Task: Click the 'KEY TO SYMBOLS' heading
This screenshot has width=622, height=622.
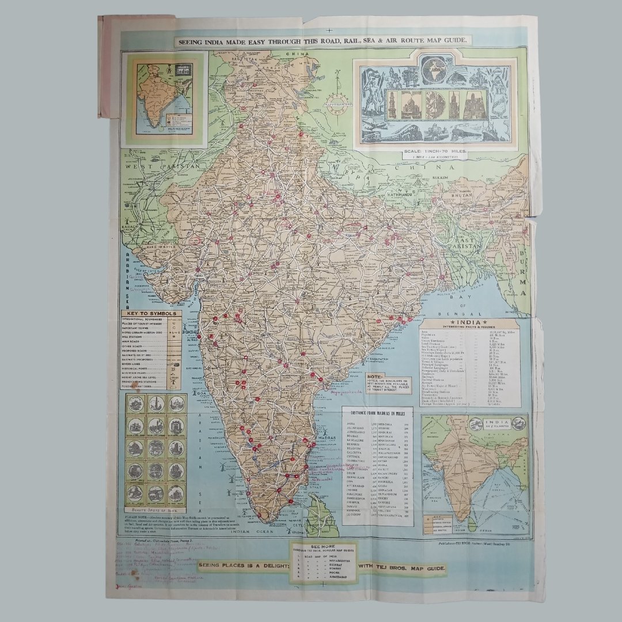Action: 151,314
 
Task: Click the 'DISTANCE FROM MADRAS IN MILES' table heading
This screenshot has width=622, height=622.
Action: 377,412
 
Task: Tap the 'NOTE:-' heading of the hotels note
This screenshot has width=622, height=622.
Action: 374,375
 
